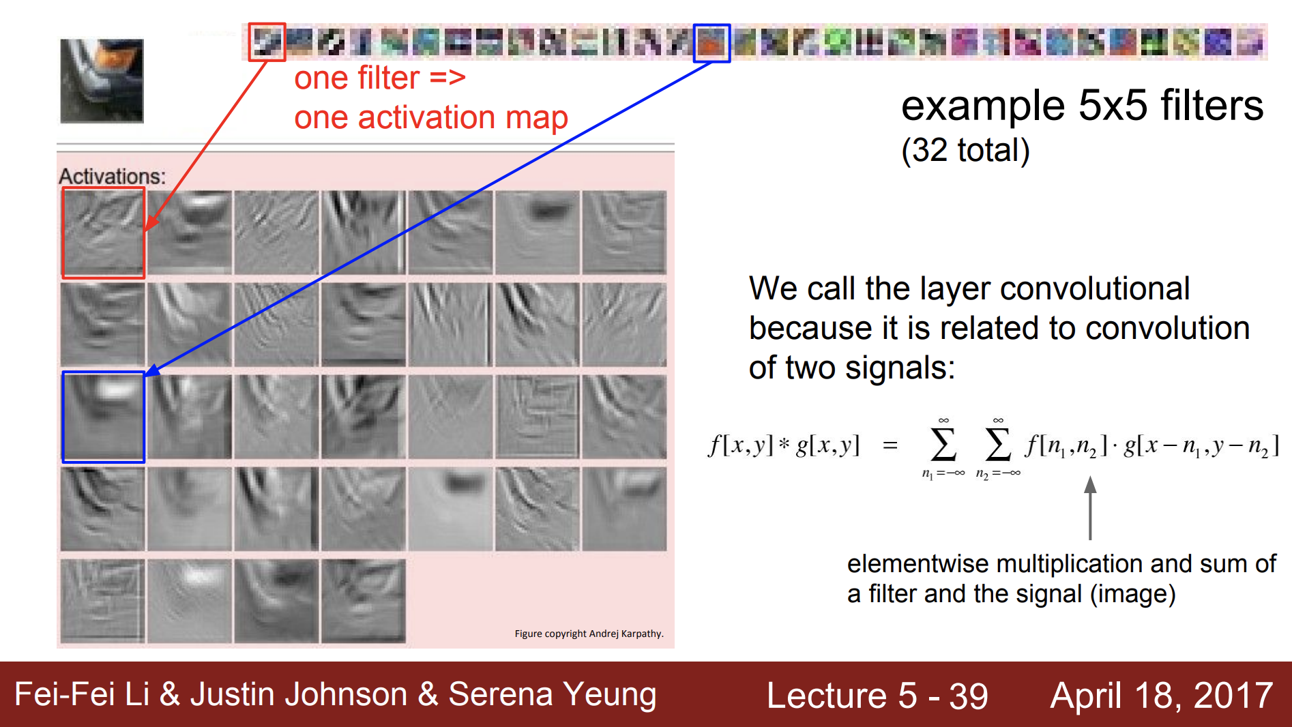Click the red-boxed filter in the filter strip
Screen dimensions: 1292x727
267,42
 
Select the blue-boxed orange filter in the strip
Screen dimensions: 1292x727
711,43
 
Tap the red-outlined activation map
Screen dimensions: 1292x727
104,233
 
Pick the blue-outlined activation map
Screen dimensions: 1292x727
104,417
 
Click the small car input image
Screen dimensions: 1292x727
102,81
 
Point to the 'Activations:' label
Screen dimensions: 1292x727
113,176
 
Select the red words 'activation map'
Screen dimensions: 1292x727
463,118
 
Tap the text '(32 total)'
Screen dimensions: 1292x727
965,150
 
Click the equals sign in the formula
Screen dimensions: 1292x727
890,446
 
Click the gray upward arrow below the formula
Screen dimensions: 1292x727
1090,508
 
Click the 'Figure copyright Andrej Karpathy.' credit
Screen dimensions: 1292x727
589,634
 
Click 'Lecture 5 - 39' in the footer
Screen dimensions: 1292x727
877,696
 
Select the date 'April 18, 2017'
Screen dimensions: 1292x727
1162,696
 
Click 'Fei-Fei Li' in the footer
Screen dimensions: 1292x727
82,694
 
